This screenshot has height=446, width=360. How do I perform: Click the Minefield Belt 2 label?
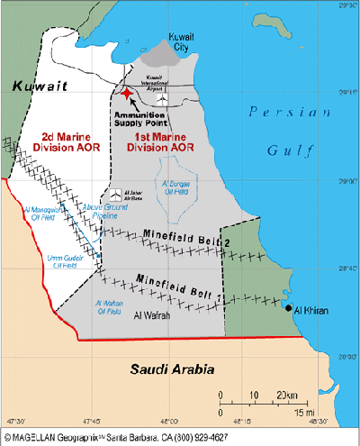click(x=176, y=239)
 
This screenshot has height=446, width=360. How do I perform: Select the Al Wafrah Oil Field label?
click(x=111, y=308)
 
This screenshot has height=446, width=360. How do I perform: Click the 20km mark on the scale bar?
click(x=288, y=395)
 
